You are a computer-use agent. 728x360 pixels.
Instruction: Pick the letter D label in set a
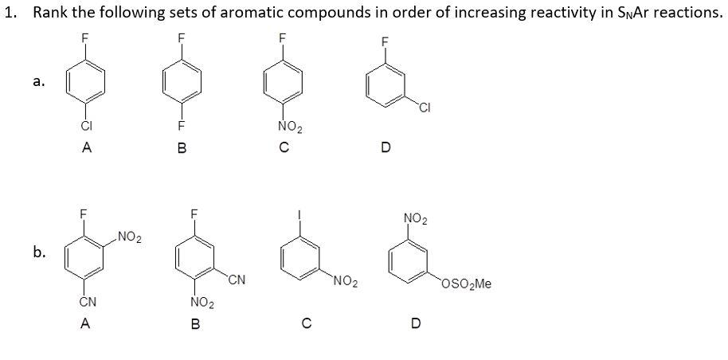pyautogui.click(x=386, y=147)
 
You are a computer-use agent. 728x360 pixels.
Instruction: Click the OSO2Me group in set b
pyautogui.click(x=467, y=282)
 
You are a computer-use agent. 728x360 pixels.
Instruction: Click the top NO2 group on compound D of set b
pyautogui.click(x=413, y=217)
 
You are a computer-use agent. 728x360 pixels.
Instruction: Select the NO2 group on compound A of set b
pyautogui.click(x=128, y=235)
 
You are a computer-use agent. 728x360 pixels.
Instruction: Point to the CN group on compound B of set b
pyautogui.click(x=237, y=280)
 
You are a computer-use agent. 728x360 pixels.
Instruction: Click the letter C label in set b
pyautogui.click(x=304, y=323)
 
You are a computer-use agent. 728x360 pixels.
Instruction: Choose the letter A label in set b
pyautogui.click(x=84, y=323)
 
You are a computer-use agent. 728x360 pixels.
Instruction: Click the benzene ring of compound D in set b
pyautogui.click(x=412, y=259)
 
